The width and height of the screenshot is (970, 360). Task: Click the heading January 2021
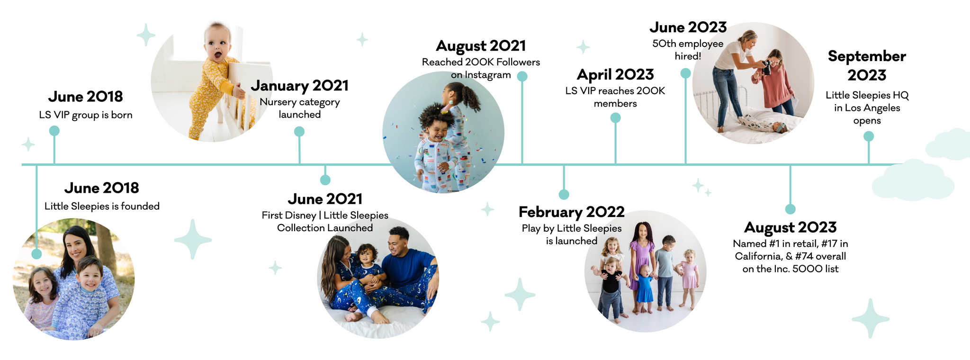(299, 85)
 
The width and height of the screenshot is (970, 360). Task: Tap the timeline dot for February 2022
(564, 194)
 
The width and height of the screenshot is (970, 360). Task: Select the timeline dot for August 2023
(790, 209)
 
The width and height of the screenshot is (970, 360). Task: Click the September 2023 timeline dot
(869, 136)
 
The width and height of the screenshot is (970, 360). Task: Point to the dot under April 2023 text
(615, 118)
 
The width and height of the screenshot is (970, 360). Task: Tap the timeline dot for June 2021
(325, 180)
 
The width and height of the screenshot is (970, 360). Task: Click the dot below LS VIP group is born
(54, 131)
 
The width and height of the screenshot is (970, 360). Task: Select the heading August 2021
(481, 45)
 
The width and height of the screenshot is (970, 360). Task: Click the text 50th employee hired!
(688, 50)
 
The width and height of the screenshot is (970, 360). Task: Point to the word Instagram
(488, 75)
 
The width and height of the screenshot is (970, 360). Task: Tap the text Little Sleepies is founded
(102, 206)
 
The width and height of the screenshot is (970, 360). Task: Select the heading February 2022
(572, 212)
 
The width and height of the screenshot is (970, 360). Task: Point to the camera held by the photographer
(765, 67)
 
